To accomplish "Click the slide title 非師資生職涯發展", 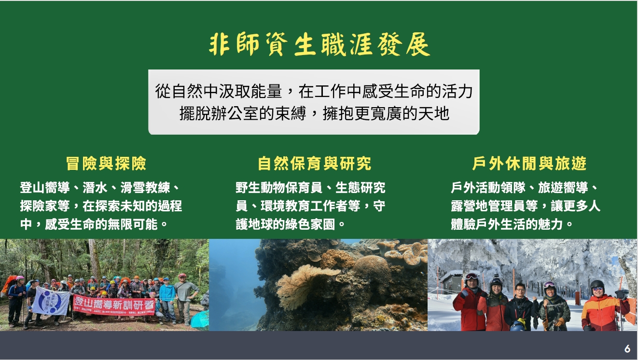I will pos(319,45).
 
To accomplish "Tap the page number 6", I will pos(627,348).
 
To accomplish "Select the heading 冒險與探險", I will pos(106,164).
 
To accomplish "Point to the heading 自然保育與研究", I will pos(315,164).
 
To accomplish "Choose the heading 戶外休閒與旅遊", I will pos(529,164).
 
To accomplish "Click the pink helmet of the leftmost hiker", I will pos(20,278).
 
